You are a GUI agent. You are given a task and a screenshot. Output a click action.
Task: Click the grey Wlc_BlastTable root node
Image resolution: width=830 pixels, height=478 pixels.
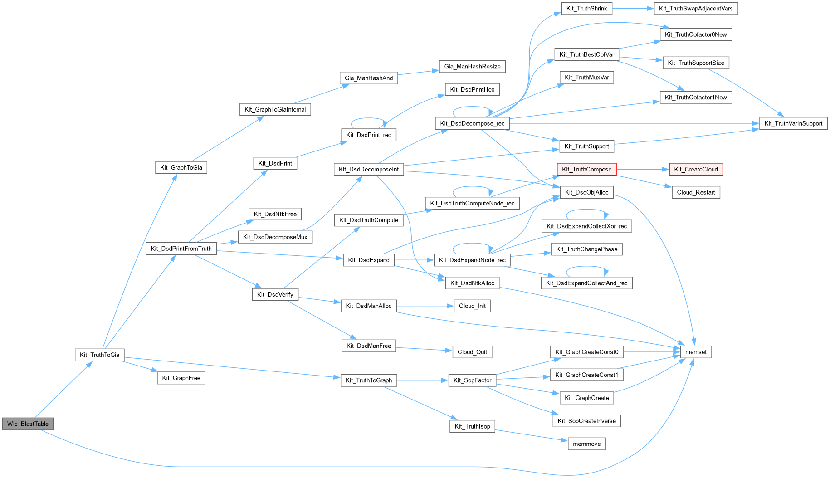28,424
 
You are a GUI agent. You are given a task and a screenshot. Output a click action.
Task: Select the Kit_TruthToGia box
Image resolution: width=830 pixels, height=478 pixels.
99,355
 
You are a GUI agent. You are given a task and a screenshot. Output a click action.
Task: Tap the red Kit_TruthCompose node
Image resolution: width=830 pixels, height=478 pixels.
586,169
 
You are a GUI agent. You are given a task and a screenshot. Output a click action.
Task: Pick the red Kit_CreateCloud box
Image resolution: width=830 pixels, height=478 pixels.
696,169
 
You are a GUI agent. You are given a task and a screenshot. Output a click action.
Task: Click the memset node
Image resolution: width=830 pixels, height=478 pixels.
696,352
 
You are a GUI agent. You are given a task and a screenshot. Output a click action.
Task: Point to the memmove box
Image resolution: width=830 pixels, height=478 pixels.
586,444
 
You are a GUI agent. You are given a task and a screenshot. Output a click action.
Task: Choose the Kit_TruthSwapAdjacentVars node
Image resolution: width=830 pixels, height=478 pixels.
696,9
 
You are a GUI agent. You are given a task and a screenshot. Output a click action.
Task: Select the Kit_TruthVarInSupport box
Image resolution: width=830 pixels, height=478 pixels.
793,123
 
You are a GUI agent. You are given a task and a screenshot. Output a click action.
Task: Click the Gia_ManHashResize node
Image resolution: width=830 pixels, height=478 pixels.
472,66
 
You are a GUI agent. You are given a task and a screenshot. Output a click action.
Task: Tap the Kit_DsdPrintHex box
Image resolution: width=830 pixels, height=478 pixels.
472,89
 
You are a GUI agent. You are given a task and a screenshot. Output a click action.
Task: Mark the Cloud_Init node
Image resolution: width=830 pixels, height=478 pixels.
472,306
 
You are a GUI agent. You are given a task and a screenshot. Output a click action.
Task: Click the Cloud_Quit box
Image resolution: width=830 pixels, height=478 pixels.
472,352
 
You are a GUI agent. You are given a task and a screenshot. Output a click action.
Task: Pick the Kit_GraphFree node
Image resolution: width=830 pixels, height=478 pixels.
181,378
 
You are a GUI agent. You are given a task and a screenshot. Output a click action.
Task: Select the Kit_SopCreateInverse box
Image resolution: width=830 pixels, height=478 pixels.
586,421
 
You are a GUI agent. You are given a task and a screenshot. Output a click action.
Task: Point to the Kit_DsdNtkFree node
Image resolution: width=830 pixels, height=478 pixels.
275,214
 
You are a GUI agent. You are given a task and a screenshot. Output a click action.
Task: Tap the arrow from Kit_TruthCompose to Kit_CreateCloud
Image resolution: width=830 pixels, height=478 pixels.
643,169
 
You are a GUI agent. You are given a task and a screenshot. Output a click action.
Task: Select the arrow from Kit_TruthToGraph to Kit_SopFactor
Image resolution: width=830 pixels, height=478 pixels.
423,380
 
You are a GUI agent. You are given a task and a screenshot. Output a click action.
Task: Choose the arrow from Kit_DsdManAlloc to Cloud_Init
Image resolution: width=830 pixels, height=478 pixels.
425,306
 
